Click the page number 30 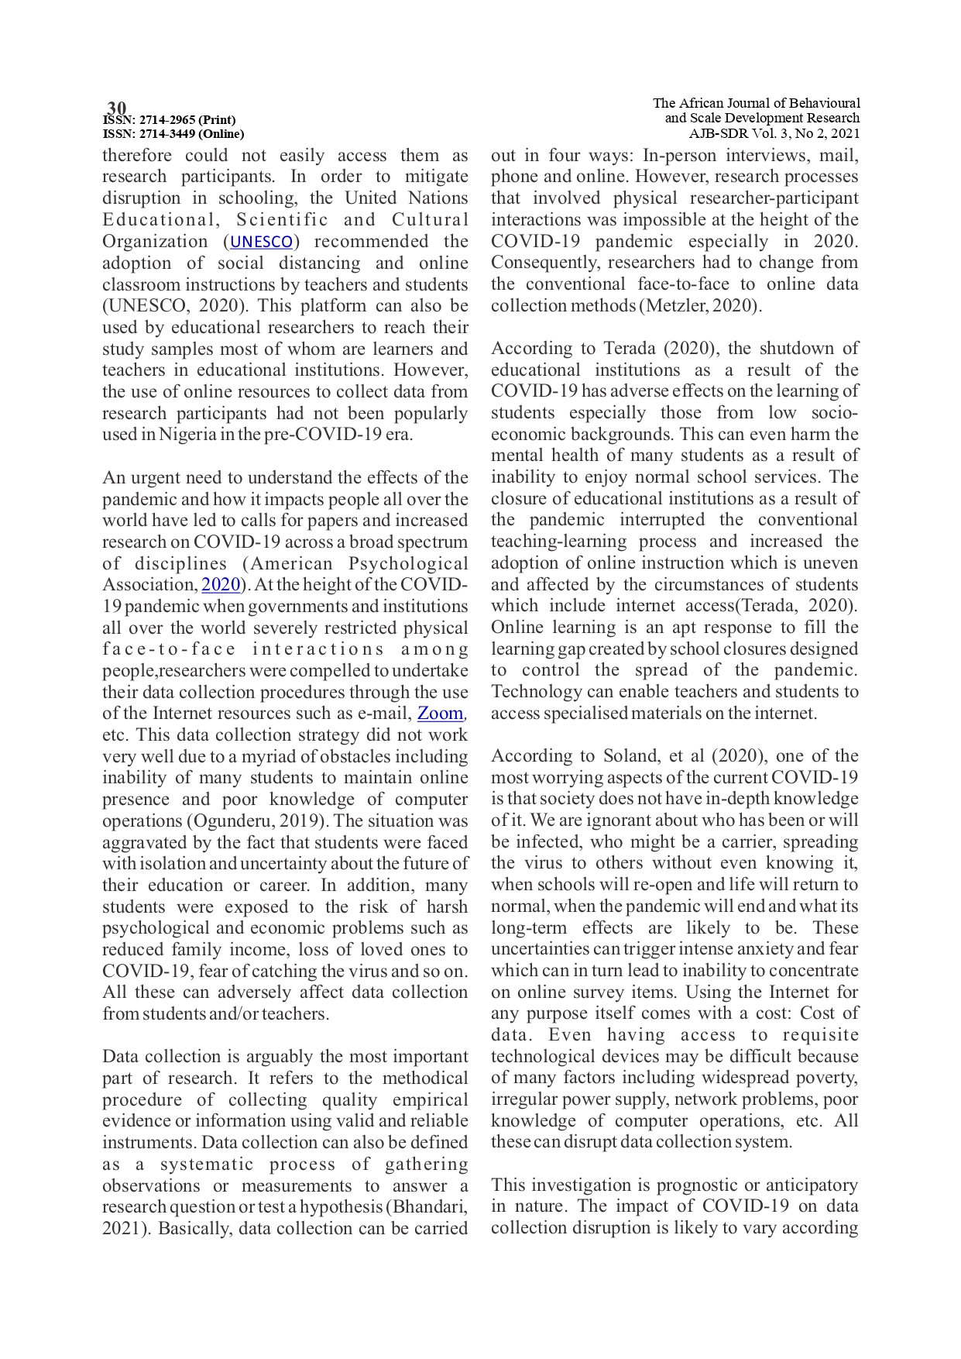click(x=116, y=107)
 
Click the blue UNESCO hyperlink click(x=262, y=242)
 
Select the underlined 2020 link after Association click(x=220, y=585)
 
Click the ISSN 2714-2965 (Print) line click(x=170, y=120)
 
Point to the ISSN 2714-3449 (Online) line click(x=173, y=133)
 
